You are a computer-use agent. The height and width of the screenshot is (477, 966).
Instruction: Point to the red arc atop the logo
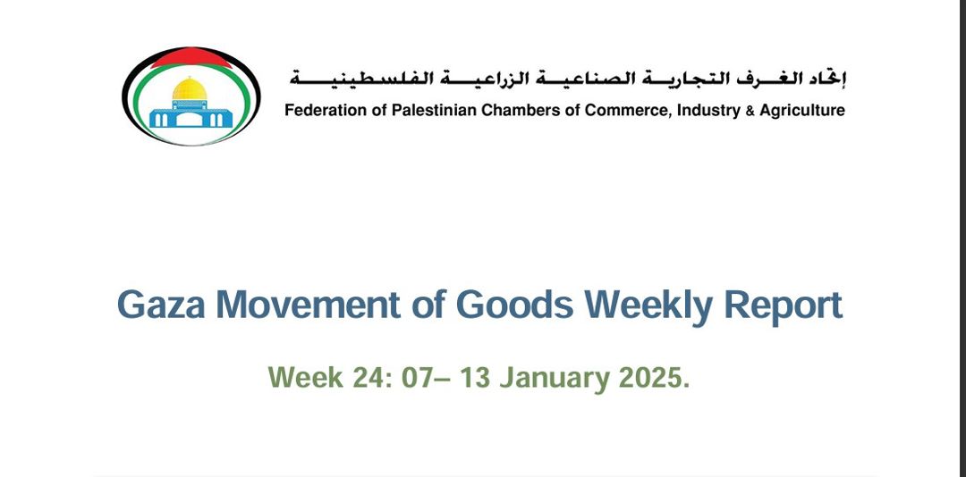coord(191,57)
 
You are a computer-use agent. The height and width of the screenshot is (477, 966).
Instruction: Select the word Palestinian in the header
coord(434,111)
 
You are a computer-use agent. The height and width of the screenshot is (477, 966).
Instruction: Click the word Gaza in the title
coord(161,305)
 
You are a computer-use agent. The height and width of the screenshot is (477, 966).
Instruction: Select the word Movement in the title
coord(308,305)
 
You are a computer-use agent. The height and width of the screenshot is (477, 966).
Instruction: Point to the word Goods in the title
coord(513,305)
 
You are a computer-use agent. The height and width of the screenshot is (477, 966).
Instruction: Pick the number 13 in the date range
coord(474,377)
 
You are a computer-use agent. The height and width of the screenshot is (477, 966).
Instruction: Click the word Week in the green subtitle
coord(306,377)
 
